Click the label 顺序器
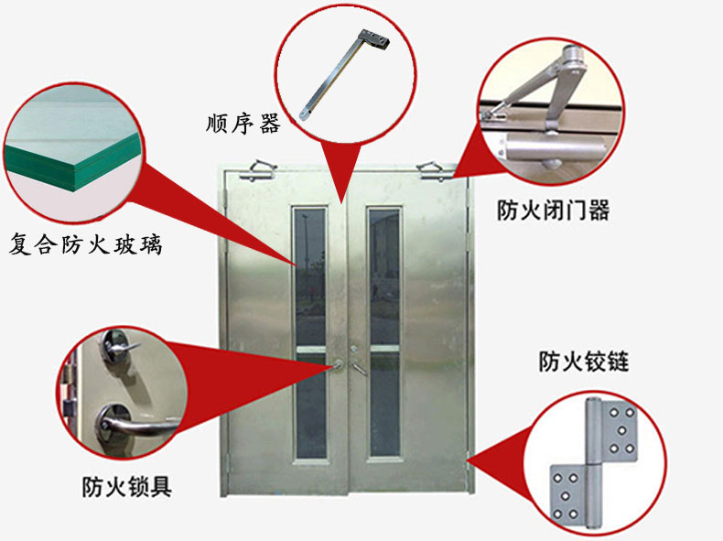coord(243,124)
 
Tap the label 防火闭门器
coord(553,210)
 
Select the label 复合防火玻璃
coord(86,244)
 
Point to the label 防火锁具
coord(127,487)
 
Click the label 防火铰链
coord(584,362)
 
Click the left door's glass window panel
coord(310,333)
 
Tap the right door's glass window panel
coord(384,333)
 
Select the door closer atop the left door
coord(257,170)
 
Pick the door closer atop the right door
coord(436,170)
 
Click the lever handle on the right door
coord(359,368)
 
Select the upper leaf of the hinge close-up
coord(612,431)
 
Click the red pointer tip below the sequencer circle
coord(341,202)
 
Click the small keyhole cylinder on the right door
coord(353,349)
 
